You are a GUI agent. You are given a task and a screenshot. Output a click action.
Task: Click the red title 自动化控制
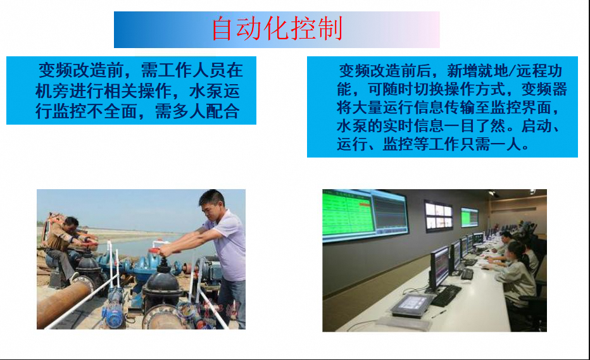[x=277, y=28]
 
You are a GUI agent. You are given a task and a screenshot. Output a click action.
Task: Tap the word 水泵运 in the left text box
[x=215, y=91]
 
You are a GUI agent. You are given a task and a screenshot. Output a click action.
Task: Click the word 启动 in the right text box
[x=537, y=126]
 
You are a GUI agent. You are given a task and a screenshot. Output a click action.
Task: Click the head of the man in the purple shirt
[x=213, y=204]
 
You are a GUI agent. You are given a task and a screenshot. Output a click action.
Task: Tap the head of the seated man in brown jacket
[x=71, y=224]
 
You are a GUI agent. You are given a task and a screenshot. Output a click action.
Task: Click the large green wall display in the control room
[x=348, y=214]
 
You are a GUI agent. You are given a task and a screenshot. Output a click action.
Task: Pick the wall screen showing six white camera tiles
[x=438, y=216]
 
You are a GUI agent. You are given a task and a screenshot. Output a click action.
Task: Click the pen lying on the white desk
[x=439, y=313]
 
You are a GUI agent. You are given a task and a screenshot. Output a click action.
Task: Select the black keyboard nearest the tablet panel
[x=446, y=295]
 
